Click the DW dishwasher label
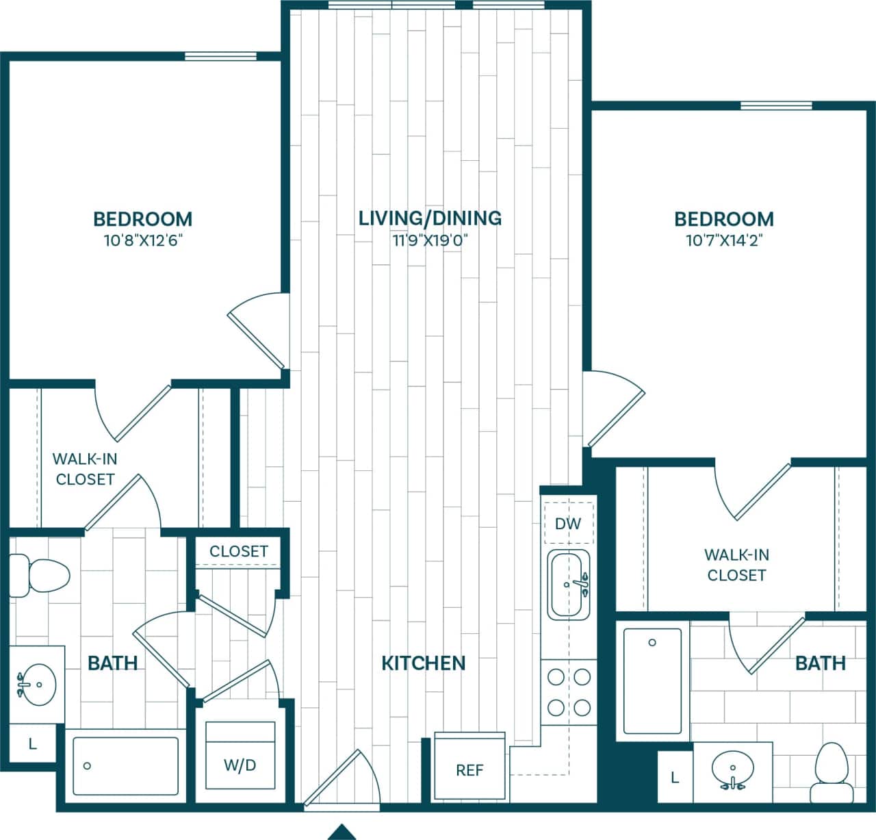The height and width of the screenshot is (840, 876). pos(567,524)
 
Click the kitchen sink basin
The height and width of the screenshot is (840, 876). pos(568,585)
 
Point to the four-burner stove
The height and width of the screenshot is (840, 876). pos(569,692)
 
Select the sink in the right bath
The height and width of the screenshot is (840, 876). pos(732,770)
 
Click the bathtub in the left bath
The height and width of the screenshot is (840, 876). pos(125,766)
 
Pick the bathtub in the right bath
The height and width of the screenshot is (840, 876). pos(652,680)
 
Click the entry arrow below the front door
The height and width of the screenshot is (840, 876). pos(342,832)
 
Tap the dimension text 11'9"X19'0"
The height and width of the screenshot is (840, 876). pos(430,240)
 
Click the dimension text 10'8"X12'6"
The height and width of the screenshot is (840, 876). pos(142,241)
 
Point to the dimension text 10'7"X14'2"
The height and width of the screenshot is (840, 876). pos(723,241)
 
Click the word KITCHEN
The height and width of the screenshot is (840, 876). pos(423,663)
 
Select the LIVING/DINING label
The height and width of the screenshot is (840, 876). pos(430,218)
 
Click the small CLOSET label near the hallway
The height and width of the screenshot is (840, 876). pos(238,551)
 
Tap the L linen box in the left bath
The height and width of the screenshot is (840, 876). pos(32,743)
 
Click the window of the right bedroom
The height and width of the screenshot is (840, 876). pos(776,105)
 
